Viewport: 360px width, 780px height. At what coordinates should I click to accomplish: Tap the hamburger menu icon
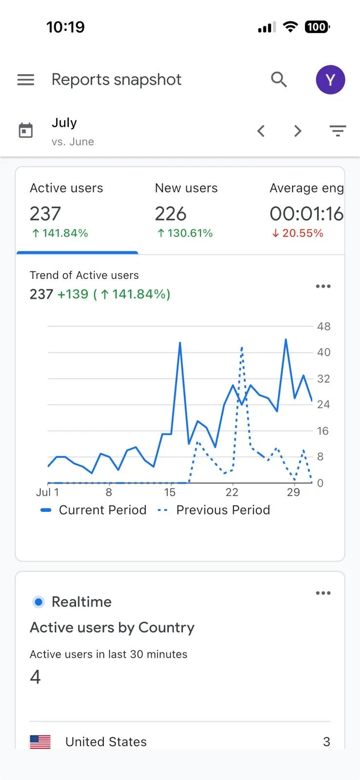point(26,79)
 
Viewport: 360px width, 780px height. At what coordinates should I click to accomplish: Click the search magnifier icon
point(279,79)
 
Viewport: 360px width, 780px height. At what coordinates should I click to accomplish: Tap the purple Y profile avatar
point(330,79)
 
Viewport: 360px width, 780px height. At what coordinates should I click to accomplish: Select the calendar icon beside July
point(25,131)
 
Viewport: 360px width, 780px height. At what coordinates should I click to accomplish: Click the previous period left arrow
point(261,131)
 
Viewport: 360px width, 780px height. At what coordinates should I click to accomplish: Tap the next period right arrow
point(298,131)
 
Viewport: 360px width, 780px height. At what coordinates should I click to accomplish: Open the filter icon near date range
point(338,131)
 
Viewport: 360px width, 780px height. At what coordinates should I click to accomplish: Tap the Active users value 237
point(45,214)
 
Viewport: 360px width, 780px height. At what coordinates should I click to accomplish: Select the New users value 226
point(171,214)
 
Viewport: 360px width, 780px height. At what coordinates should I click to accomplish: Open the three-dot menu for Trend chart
point(323,286)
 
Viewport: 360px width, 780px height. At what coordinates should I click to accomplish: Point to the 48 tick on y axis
point(323,326)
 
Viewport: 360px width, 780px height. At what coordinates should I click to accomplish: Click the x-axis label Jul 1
point(47,492)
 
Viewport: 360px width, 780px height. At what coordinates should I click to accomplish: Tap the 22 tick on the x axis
point(232,492)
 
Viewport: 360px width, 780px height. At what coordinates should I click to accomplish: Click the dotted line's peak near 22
point(241,348)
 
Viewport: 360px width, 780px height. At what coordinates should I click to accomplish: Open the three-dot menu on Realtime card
point(323,593)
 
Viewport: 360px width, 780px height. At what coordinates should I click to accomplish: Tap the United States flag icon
point(40,741)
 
